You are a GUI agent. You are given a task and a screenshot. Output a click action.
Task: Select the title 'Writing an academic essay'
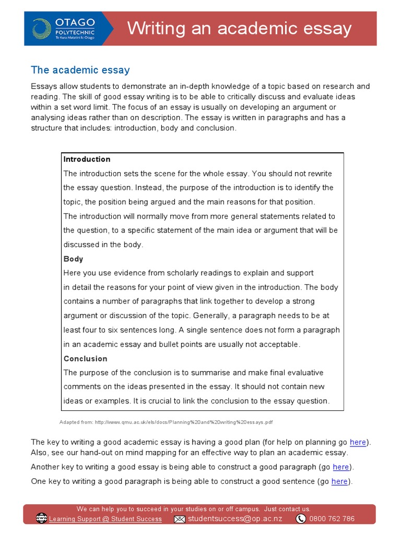[x=240, y=28]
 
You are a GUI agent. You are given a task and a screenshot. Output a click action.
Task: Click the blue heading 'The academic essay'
[x=80, y=70]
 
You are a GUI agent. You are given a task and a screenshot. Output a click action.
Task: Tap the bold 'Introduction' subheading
[x=87, y=159]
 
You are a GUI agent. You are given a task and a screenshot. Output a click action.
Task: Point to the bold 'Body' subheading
[x=74, y=259]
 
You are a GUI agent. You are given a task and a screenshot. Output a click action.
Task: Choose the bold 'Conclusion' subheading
[x=86, y=358]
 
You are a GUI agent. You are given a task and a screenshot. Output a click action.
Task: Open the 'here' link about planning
[x=358, y=442]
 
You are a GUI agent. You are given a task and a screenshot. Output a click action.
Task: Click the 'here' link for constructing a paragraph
[x=340, y=467]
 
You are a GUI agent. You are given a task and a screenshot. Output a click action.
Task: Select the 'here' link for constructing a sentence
[x=339, y=481]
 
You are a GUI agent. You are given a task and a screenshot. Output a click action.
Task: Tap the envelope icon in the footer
[x=180, y=519]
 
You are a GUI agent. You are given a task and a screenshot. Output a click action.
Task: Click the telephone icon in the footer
[x=301, y=518]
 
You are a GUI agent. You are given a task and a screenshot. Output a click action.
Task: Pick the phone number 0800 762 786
[x=332, y=519]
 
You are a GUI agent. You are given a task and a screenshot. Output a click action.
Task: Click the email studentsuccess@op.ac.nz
[x=235, y=518]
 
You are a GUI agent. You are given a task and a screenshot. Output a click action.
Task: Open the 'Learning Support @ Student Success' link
[x=105, y=519]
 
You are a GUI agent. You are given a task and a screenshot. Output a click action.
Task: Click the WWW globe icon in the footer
[x=41, y=518]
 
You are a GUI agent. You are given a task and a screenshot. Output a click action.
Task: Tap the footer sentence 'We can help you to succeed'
[x=193, y=509]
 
